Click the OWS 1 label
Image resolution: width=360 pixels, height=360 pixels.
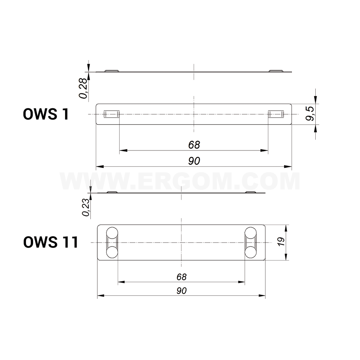click(46, 114)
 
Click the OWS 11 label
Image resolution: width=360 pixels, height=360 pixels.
click(51, 242)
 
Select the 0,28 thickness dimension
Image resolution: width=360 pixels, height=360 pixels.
click(83, 88)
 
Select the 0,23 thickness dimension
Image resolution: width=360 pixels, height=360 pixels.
click(85, 207)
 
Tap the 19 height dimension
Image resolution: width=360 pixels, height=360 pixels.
click(281, 242)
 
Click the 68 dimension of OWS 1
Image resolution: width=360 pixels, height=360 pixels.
click(194, 144)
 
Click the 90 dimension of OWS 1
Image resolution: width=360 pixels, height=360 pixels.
click(194, 161)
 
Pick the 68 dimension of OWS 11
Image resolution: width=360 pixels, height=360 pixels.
click(181, 277)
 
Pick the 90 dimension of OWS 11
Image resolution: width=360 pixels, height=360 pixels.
click(181, 291)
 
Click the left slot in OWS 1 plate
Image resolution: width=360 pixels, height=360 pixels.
click(111, 114)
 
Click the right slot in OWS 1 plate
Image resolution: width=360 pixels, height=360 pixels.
click(276, 114)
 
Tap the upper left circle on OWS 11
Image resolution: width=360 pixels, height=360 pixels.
click(112, 233)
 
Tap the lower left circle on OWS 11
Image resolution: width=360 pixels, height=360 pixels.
click(112, 252)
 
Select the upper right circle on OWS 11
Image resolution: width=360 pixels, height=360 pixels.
click(251, 233)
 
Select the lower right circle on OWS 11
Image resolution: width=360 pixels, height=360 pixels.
click(251, 252)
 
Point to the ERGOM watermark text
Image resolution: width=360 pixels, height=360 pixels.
click(180, 181)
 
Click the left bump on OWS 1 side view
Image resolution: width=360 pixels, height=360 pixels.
click(112, 71)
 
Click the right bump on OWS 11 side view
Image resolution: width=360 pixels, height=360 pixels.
click(251, 192)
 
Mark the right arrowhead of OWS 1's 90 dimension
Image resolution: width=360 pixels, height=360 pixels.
click(289, 167)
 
